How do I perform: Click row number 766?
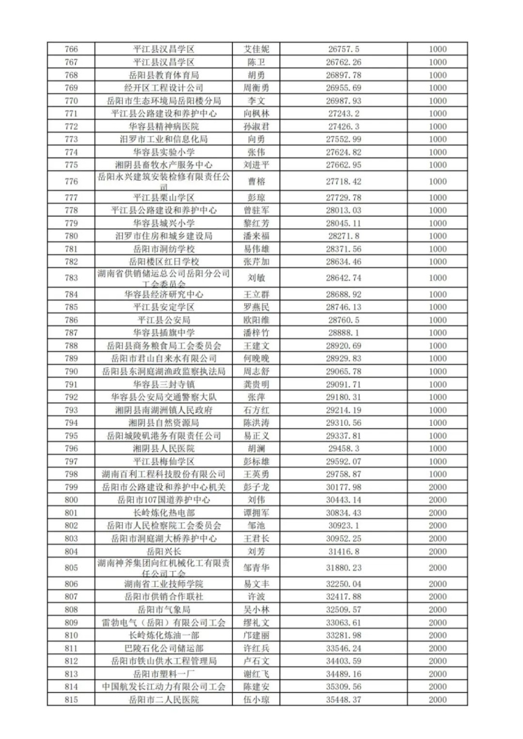click(x=70, y=49)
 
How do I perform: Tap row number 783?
click(x=70, y=277)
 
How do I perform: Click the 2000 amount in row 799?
click(x=437, y=487)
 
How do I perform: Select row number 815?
click(x=70, y=699)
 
